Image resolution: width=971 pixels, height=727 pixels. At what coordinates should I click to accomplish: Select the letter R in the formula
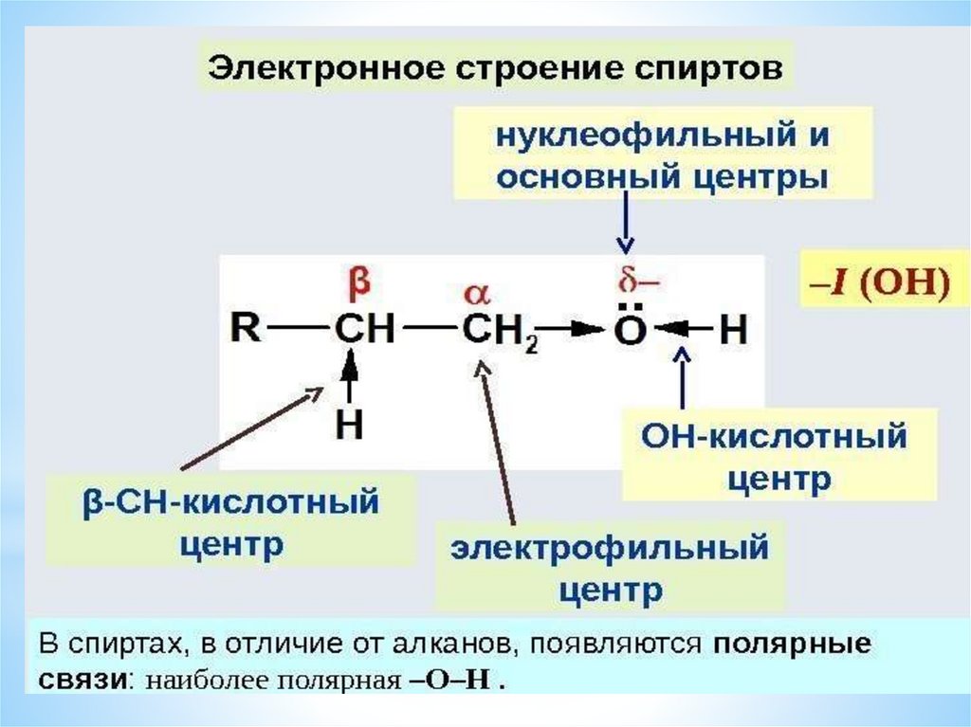pos(246,330)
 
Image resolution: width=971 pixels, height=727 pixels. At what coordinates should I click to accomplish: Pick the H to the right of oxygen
pos(734,331)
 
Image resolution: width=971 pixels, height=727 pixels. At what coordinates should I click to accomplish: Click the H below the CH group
pos(350,424)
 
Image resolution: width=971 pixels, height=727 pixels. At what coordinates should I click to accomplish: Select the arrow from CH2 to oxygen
pos(574,331)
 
